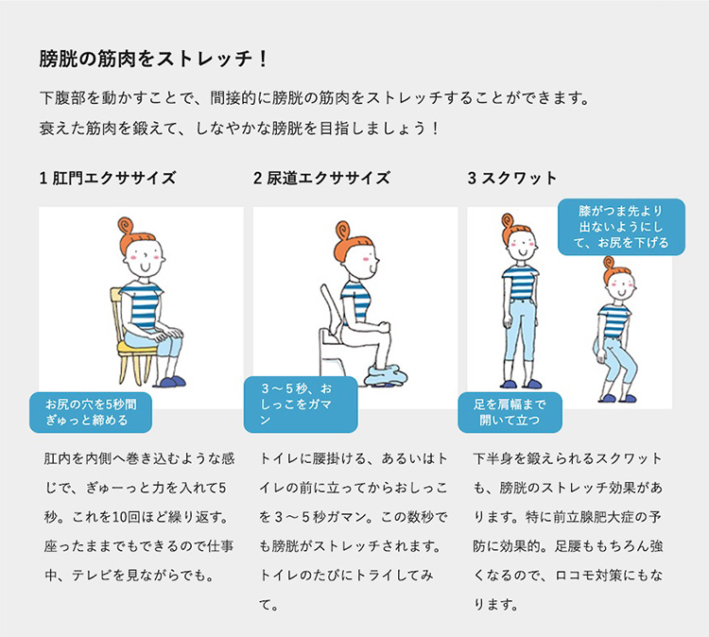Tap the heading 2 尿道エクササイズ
click(321, 178)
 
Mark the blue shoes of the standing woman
click(519, 383)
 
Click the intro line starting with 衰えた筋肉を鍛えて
click(239, 127)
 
